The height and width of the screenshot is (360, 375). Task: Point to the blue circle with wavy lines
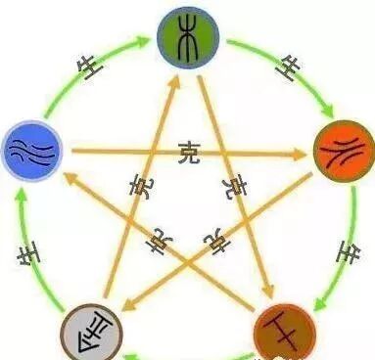click(32, 150)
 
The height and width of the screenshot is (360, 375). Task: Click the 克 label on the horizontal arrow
click(188, 152)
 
